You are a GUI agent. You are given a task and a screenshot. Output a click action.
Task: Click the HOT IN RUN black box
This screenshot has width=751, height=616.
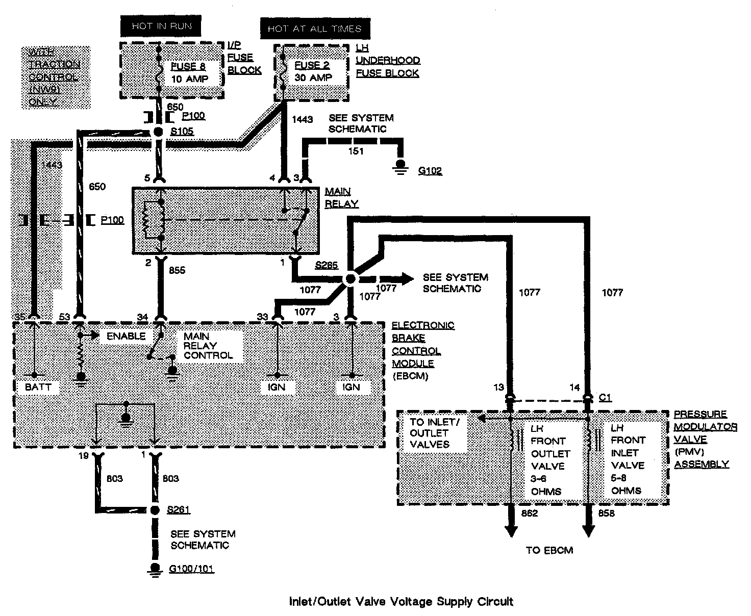pos(161,27)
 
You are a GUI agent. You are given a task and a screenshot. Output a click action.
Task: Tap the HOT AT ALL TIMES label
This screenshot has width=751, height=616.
pos(314,29)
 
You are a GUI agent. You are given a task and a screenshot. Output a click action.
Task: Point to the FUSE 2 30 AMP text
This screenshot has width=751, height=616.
pos(313,71)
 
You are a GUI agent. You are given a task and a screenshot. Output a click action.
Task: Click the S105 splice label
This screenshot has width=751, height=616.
pos(182,132)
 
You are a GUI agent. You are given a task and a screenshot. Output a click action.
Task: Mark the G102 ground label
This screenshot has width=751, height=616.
pos(430,171)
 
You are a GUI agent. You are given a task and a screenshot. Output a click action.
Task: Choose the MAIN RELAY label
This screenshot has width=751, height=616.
pos(341,197)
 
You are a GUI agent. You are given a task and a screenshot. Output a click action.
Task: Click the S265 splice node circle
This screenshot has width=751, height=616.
pos(351,279)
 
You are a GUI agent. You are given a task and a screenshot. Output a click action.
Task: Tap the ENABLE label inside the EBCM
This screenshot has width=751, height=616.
pos(126,336)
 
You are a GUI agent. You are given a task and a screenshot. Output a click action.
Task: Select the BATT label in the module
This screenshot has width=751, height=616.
pos(38,387)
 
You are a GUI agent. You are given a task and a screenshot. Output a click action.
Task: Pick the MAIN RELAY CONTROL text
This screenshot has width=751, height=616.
pos(208,345)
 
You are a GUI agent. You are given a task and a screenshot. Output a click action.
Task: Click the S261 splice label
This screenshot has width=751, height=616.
pos(179,510)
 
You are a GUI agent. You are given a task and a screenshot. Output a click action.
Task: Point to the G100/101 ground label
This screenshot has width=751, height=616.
pos(191,569)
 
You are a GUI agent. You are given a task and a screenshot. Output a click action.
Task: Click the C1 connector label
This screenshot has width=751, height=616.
pos(605,397)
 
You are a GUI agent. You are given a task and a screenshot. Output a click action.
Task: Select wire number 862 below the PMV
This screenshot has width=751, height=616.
pos(530,514)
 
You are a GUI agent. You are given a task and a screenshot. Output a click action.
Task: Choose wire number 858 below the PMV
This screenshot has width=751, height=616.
pos(606,514)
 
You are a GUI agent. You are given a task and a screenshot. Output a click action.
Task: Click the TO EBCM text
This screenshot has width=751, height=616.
pos(549,550)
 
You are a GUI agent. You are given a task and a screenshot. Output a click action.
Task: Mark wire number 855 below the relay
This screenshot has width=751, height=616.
pos(177,270)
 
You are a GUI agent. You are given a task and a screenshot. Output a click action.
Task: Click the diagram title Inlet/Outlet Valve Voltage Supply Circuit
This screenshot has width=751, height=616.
pos(401,602)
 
